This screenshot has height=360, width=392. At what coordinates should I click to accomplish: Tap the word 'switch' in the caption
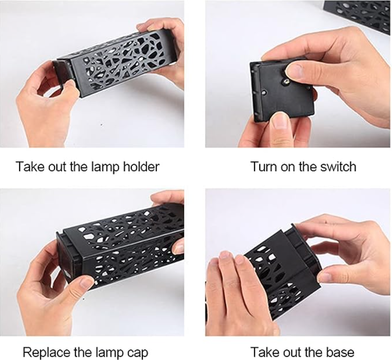[338, 167]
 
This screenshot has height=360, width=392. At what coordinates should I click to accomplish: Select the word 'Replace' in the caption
[47, 353]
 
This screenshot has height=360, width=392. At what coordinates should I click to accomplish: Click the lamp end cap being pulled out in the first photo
[61, 72]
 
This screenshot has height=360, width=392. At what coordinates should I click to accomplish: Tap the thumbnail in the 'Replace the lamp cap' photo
[87, 283]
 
